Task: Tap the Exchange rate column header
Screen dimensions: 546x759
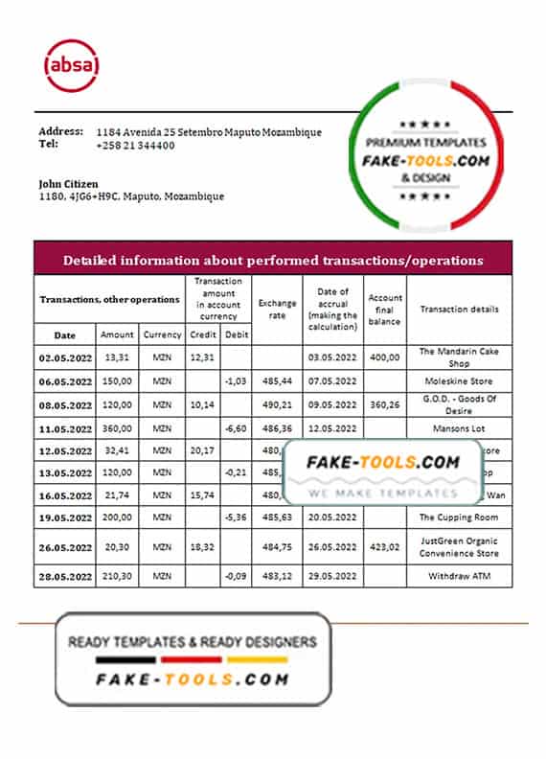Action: point(278,309)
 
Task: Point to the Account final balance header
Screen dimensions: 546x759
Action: point(385,310)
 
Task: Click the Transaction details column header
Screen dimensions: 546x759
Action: point(459,310)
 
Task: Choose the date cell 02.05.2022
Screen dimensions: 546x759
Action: point(64,356)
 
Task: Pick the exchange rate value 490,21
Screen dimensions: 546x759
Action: point(278,403)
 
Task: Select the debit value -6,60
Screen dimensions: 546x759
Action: point(236,428)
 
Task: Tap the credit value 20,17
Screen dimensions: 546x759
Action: point(202,448)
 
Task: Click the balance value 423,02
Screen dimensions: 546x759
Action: point(385,548)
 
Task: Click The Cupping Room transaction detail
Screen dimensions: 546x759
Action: point(459,517)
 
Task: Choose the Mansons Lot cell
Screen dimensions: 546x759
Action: point(459,428)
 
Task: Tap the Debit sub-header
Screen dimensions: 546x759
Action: point(236,335)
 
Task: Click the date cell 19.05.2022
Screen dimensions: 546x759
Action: point(64,517)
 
